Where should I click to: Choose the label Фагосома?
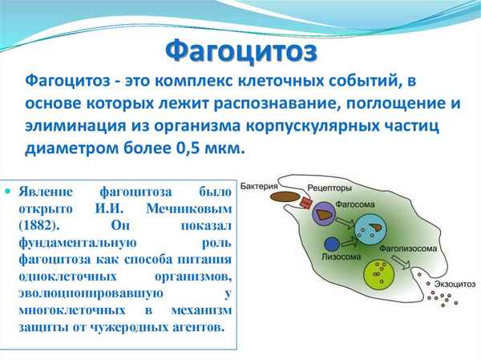354,204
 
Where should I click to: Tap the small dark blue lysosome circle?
329,245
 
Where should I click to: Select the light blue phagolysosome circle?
370,231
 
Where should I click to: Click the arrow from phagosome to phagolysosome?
347,221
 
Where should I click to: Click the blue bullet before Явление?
9,193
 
